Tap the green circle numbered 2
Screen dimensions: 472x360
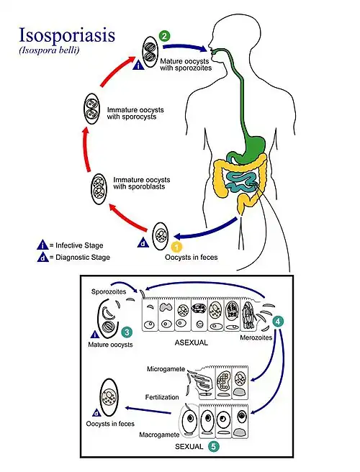165,35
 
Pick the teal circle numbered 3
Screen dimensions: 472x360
127,332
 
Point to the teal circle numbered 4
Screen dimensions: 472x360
279,320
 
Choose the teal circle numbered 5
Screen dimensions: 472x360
214,446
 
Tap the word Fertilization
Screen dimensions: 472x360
163,396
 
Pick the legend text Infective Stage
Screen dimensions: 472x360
79,244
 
